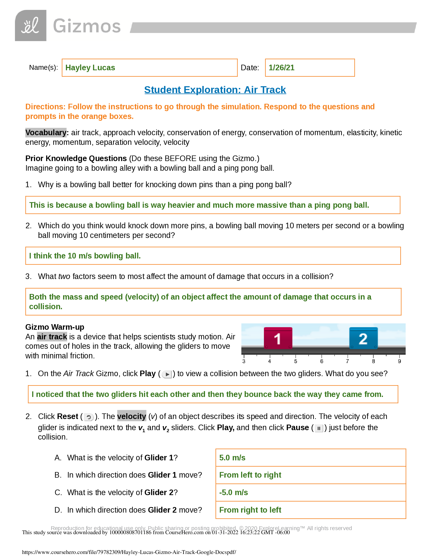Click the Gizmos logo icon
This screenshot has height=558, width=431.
click(x=31, y=26)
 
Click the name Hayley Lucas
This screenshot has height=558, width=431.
click(x=90, y=68)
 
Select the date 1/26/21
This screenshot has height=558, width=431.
click(x=281, y=68)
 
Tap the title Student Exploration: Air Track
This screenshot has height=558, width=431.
click(x=215, y=90)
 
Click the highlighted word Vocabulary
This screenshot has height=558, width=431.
click(x=46, y=133)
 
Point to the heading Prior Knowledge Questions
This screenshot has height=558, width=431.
click(x=76, y=159)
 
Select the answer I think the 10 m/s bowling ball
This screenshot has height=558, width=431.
click(x=85, y=256)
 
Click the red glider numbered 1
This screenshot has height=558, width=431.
click(x=278, y=338)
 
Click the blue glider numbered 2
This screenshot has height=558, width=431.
click(x=363, y=338)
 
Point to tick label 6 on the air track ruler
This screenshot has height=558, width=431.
click(x=322, y=361)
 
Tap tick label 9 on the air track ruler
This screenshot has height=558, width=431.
click(x=399, y=361)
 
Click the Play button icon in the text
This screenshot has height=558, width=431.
click(x=167, y=375)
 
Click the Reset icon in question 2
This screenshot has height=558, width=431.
click(x=88, y=417)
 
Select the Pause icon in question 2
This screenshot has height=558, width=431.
click(x=319, y=428)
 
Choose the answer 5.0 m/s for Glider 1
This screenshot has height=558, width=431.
click(x=232, y=458)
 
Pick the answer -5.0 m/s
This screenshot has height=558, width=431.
click(x=233, y=492)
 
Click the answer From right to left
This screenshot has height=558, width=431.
click(x=250, y=510)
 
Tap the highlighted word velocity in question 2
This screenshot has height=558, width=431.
click(x=132, y=416)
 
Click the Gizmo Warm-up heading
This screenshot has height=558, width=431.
click(x=55, y=327)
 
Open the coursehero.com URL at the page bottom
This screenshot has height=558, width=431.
click(x=129, y=552)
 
